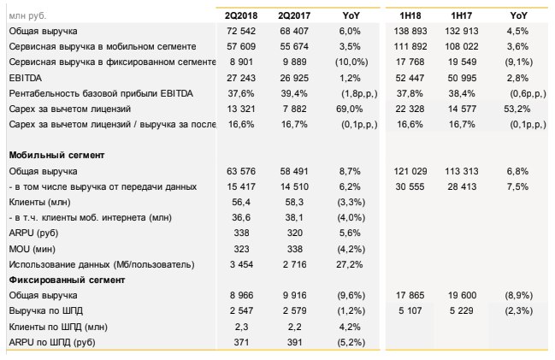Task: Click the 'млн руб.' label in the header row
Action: coord(27,15)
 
